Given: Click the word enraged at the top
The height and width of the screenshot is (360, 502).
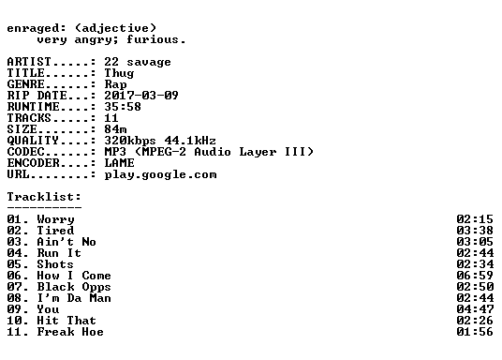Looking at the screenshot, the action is click(x=33, y=28).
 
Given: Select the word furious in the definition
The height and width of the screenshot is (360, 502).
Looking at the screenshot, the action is click(x=153, y=39).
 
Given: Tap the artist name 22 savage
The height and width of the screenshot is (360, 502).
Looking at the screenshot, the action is click(x=138, y=62).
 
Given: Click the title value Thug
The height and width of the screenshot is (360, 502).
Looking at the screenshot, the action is click(x=119, y=73).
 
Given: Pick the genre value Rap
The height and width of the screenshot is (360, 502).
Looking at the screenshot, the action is click(x=115, y=84).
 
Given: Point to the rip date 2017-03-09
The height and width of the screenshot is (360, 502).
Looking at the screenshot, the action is click(x=141, y=96).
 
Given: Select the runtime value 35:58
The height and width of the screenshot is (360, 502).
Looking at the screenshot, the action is click(x=123, y=107).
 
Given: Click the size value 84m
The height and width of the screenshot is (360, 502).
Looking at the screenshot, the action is click(x=115, y=129).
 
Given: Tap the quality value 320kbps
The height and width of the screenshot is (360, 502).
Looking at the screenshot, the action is click(x=130, y=141).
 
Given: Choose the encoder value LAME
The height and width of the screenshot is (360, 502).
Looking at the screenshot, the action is click(x=119, y=163).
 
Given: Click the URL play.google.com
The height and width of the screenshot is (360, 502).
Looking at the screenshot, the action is click(x=160, y=174).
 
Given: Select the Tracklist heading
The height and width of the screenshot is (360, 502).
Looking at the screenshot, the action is click(x=44, y=197).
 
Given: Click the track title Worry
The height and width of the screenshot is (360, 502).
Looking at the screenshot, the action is click(x=55, y=219).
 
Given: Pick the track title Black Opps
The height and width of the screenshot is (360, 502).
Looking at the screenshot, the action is click(x=74, y=287).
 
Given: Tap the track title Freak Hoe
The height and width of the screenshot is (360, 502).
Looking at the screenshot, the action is click(x=70, y=332).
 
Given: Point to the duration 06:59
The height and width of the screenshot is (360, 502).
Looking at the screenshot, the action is click(x=475, y=276).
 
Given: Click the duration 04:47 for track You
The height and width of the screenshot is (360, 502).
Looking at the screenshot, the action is click(x=475, y=309).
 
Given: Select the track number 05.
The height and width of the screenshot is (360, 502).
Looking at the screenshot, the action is click(x=14, y=264).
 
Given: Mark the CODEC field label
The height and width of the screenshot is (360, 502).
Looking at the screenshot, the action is click(x=25, y=152).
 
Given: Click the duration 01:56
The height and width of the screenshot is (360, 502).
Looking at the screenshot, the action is click(x=475, y=332).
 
